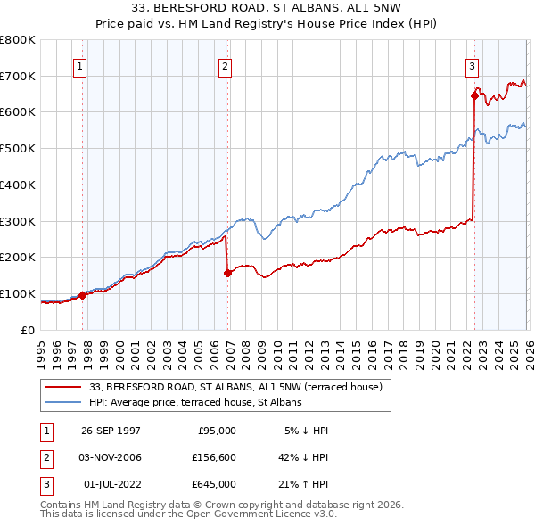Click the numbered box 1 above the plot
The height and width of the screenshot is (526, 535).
[x=80, y=66]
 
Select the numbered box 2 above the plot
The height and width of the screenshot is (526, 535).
[x=225, y=66]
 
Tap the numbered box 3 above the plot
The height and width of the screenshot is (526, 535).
[x=471, y=66]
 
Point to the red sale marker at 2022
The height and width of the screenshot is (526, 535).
[x=474, y=95]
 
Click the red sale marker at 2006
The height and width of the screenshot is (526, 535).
[x=228, y=273]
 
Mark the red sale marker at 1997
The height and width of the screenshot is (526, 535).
[x=83, y=295]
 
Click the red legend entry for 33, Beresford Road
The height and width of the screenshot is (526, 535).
[x=235, y=387]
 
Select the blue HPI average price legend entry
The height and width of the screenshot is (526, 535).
[x=195, y=402]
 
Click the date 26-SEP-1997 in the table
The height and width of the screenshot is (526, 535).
[x=111, y=430]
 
